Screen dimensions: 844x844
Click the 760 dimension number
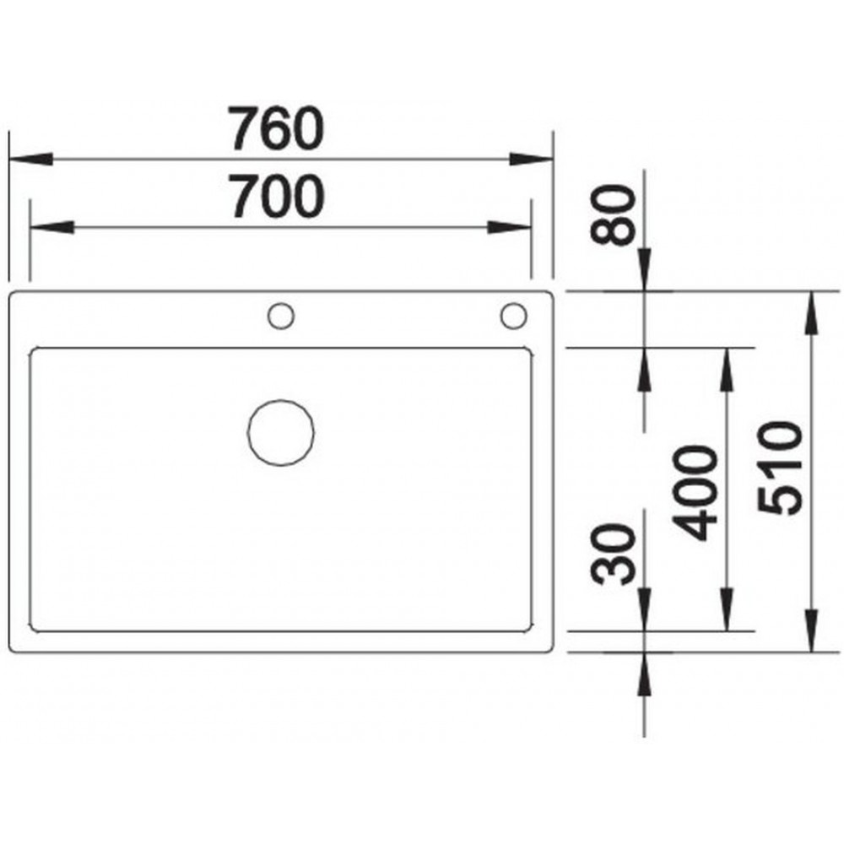tap(276, 129)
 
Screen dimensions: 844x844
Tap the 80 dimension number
tap(613, 215)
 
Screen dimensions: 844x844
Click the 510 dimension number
tap(779, 468)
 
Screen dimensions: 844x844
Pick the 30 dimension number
tap(613, 555)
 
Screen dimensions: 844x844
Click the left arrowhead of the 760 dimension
tap(31, 160)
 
